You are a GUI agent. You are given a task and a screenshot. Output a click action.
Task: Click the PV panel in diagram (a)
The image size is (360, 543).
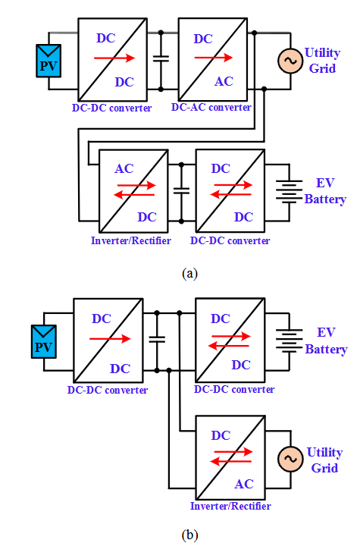[49, 61]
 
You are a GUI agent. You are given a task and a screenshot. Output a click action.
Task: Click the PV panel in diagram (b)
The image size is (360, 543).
[44, 341]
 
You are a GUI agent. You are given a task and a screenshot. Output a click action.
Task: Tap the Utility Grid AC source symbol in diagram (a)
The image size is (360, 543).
[290, 61]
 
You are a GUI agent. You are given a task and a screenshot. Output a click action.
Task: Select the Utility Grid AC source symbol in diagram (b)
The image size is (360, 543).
[290, 459]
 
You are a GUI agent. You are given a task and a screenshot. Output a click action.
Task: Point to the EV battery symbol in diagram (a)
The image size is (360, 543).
[289, 191]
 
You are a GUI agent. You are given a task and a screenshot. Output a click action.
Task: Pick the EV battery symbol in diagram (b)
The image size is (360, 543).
[289, 341]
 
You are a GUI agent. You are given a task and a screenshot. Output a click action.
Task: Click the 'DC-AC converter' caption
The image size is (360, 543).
[211, 108]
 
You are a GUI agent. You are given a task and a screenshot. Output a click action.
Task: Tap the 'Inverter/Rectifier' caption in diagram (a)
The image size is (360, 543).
[131, 240]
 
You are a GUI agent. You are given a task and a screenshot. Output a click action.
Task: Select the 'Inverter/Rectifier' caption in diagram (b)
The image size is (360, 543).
[230, 506]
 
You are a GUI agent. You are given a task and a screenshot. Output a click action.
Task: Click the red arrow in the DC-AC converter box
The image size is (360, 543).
[213, 58]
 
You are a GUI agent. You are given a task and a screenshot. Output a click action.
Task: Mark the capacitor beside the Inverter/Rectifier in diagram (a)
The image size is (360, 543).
[181, 191]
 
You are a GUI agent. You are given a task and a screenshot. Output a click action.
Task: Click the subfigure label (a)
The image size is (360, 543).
[189, 273]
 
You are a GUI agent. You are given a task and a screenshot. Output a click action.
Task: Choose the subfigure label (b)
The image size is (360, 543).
[189, 535]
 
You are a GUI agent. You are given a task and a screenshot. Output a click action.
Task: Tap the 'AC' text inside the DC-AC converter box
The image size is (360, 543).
[224, 81]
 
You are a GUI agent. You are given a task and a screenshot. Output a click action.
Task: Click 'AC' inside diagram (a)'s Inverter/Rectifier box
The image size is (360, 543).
[124, 168]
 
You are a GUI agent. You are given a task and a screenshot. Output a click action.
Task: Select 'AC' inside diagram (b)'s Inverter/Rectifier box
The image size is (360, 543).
[244, 484]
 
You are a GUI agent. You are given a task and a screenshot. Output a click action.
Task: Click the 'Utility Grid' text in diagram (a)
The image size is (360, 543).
[323, 61]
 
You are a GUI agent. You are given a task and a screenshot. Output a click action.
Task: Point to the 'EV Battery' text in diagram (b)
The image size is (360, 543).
[326, 341]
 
